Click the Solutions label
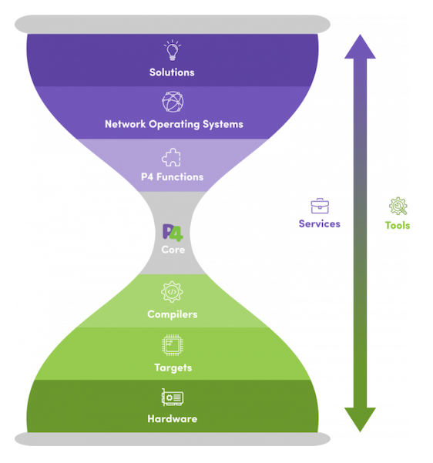coord(172,72)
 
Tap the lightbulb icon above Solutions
coord(173,51)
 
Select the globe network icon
coord(173,102)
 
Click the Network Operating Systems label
coord(174,124)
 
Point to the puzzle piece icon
coord(171,157)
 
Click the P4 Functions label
coord(172,177)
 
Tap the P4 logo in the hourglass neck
coord(173,233)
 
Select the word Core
coord(173,250)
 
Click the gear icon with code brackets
coord(172,292)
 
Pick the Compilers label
coord(173,314)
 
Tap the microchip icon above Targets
coord(173,345)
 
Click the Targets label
coord(173,368)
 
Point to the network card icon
coord(173,398)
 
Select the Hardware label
coord(172,419)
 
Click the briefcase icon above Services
coord(320,206)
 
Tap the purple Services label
coord(320,224)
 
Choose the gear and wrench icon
coord(398,206)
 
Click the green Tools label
coord(398,225)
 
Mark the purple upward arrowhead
coord(360,46)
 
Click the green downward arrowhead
coord(360,420)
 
